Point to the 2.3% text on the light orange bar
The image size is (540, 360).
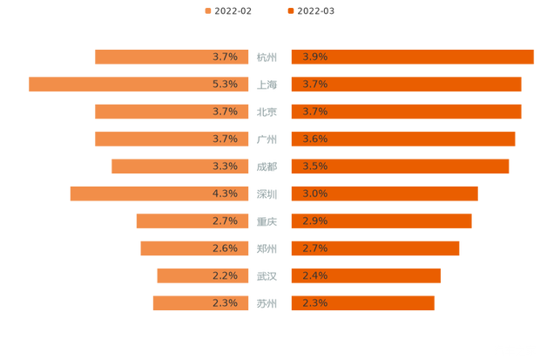pos(225,303)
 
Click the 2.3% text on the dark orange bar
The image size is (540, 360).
pos(314,303)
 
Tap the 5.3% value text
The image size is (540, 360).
pos(225,84)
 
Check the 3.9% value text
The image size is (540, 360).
pos(314,57)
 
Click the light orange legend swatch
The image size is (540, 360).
pos(206,10)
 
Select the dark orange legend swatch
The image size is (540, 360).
pos(288,10)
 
